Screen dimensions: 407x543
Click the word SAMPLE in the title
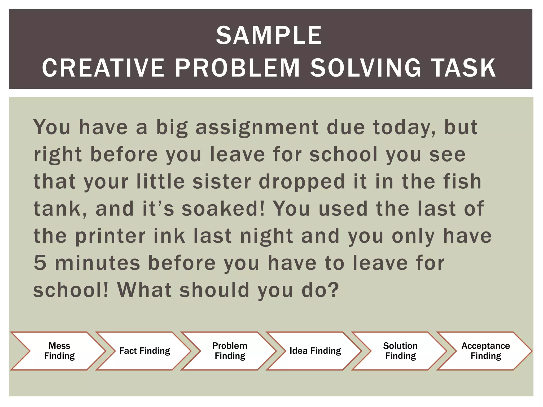(x=269, y=36)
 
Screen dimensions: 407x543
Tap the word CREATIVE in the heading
(x=103, y=68)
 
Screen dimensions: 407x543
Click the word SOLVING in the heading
(x=365, y=68)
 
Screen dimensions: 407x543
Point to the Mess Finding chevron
(x=59, y=351)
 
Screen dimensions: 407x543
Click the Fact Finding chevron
(x=144, y=351)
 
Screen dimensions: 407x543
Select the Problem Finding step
(x=230, y=351)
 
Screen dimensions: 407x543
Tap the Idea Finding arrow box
(x=315, y=351)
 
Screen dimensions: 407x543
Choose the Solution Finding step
(x=400, y=351)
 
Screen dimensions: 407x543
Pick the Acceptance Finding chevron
(x=486, y=351)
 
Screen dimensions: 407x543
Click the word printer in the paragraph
(x=110, y=236)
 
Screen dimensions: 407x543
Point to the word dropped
(x=302, y=182)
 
